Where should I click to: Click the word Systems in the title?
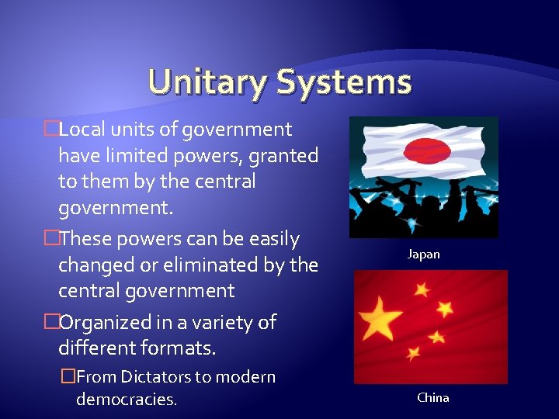(342, 81)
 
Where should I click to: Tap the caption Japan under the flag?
(424, 255)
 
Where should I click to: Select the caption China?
(432, 397)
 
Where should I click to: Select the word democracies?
(127, 400)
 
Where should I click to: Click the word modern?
(249, 377)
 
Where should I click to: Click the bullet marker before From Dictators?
(68, 377)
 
